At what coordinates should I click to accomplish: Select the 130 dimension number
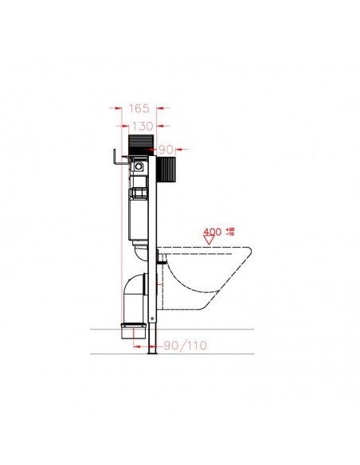[139, 126]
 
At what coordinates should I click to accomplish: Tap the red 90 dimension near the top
[166, 149]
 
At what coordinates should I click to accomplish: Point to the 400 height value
[213, 232]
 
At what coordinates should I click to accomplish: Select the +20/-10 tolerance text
[231, 232]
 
